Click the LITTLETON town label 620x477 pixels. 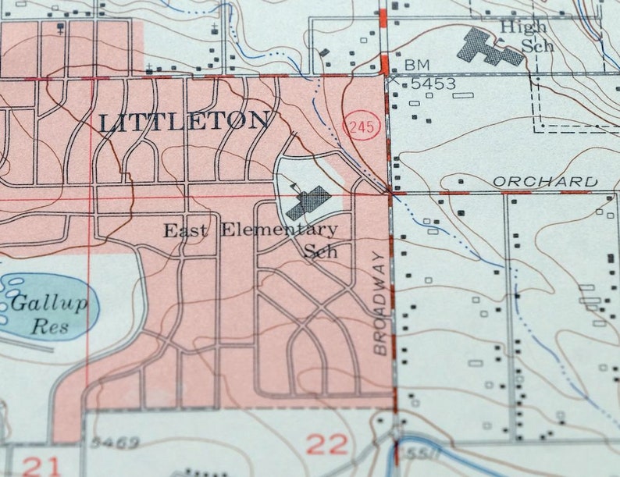click(184, 122)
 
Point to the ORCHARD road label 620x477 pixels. click(546, 181)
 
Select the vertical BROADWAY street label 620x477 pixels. click(380, 303)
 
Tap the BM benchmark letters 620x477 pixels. click(418, 64)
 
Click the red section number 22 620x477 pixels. click(326, 445)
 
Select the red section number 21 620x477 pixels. click(41, 466)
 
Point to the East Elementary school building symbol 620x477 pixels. click(307, 202)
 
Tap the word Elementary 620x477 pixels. click(279, 230)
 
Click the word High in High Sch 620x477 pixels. click(523, 27)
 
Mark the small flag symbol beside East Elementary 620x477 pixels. click(294, 187)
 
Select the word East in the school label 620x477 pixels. click(186, 230)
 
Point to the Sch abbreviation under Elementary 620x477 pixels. click(320, 251)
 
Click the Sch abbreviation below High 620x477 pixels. click(539, 45)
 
